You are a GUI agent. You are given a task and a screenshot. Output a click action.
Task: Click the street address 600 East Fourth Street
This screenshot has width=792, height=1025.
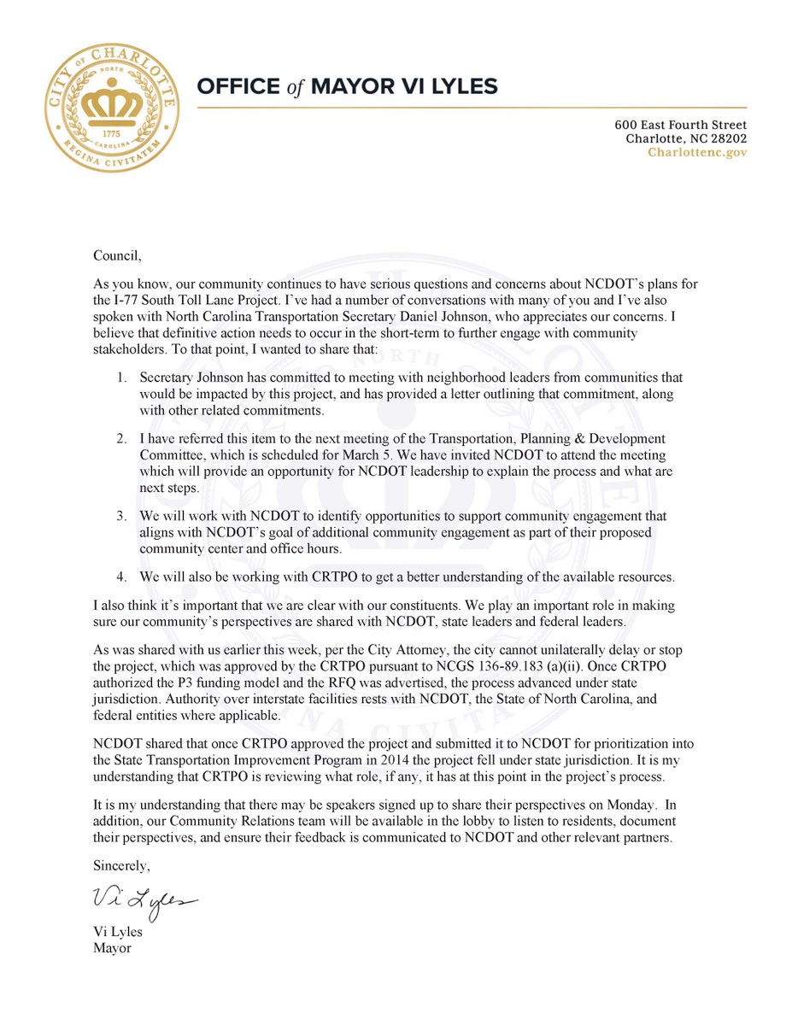[x=680, y=125]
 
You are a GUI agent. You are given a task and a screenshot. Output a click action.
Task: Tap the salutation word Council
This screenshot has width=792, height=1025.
[x=117, y=254]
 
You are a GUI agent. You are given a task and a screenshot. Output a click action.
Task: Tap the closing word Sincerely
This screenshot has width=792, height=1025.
[x=121, y=867]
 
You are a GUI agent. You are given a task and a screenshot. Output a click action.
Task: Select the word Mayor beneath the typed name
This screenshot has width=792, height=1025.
[x=113, y=948]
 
